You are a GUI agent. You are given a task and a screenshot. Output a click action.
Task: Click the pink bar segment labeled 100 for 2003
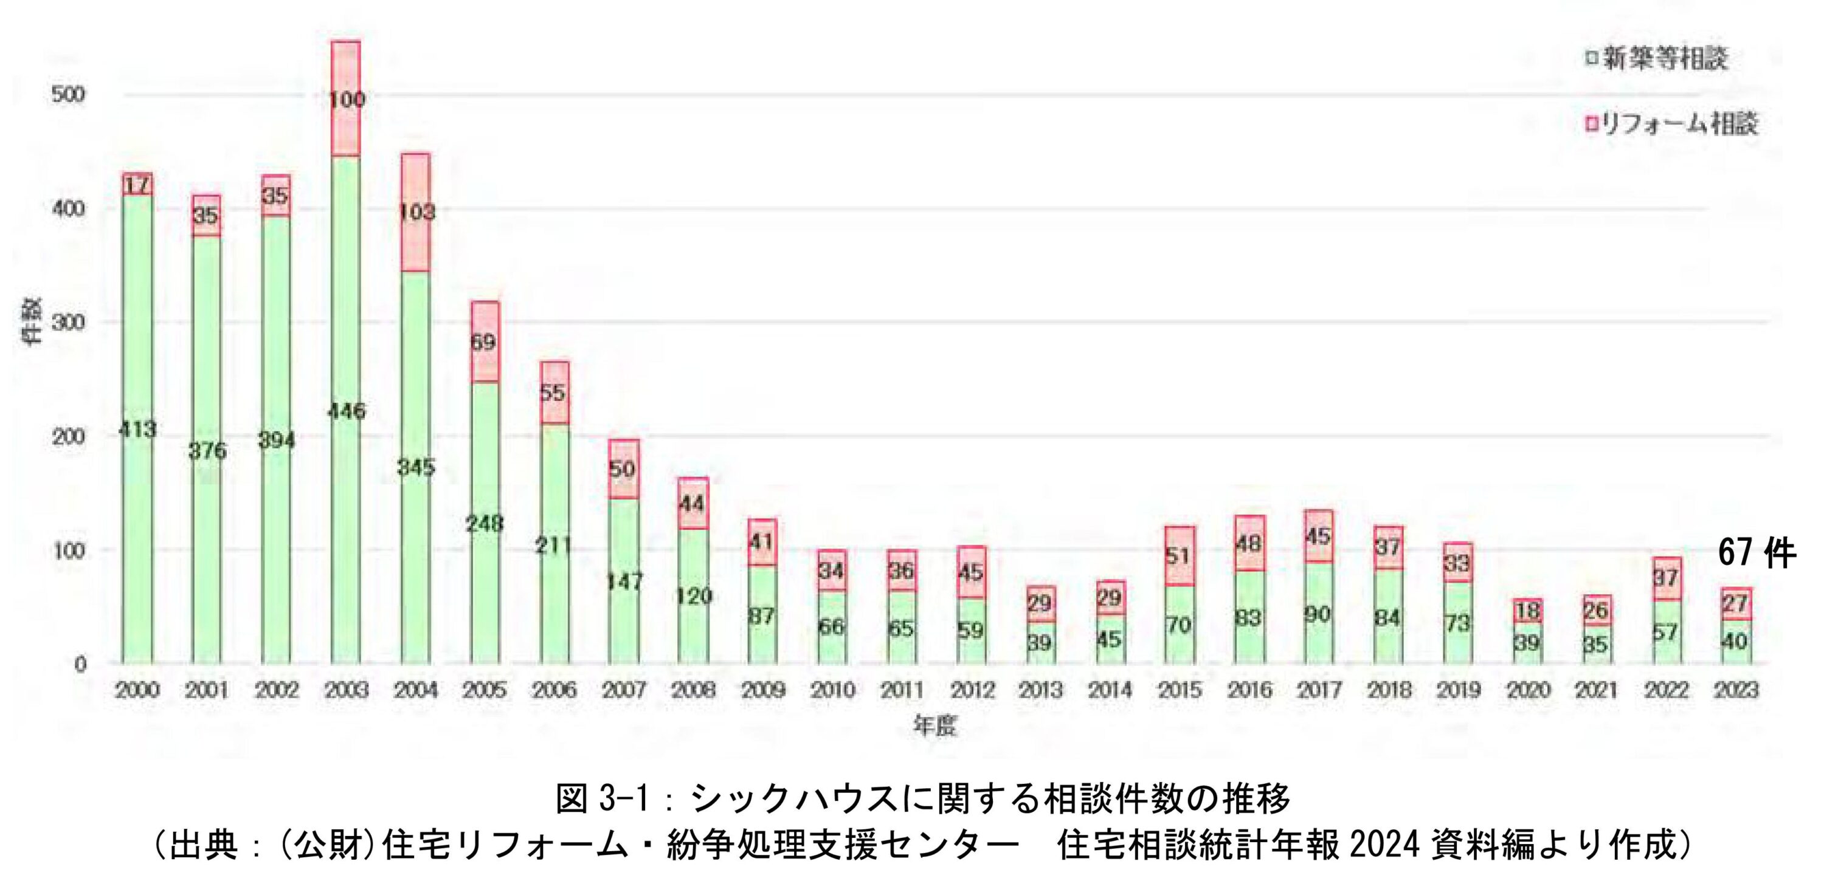click(x=346, y=98)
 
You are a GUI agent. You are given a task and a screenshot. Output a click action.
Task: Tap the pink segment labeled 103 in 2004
click(x=416, y=212)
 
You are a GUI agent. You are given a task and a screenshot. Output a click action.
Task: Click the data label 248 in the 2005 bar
click(x=485, y=524)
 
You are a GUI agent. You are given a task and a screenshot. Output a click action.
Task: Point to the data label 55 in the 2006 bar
click(x=553, y=392)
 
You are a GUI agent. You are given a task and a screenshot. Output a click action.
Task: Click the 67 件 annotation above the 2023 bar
click(x=1757, y=554)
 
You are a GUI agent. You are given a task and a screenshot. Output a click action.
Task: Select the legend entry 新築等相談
click(x=1656, y=59)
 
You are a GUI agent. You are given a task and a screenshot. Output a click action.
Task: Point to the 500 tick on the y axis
click(x=68, y=94)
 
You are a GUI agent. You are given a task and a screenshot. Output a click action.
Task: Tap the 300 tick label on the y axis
click(x=68, y=322)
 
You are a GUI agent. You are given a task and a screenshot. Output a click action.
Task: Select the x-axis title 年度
click(x=934, y=725)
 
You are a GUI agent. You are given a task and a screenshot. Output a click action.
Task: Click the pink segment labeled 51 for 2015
click(x=1179, y=555)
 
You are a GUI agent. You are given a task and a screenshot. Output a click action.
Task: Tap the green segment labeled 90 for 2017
click(x=1318, y=614)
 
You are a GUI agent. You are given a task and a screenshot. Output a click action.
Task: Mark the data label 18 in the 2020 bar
click(x=1527, y=610)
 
